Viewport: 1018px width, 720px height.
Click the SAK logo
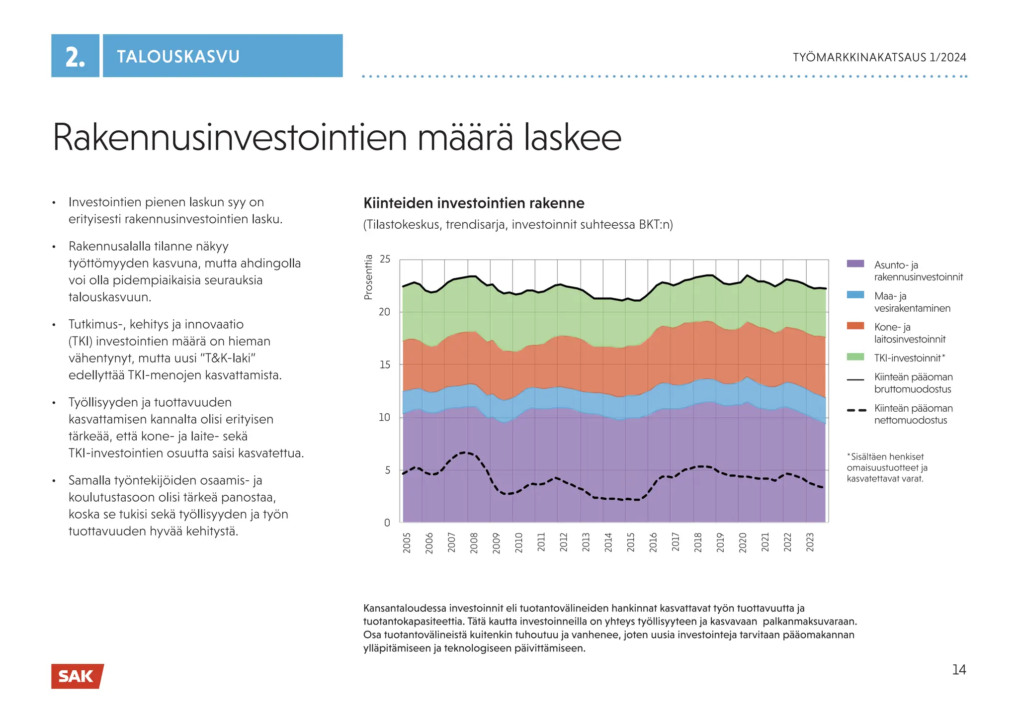click(x=77, y=676)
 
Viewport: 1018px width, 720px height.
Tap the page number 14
click(x=959, y=670)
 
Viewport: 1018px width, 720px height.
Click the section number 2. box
click(x=75, y=56)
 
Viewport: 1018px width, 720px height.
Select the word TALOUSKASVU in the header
click(x=178, y=56)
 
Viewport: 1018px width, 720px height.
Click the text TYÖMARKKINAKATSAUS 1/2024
click(x=879, y=57)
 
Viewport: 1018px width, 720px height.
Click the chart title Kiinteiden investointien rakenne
click(x=474, y=203)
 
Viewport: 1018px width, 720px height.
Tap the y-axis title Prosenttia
click(x=368, y=277)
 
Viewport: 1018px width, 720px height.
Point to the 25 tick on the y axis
click(x=385, y=259)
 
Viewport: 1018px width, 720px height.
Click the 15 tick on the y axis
click(x=385, y=364)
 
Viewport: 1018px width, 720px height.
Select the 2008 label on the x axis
click(x=474, y=542)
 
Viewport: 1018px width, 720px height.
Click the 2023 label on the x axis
click(x=810, y=542)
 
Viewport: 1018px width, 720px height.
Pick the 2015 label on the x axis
click(x=630, y=542)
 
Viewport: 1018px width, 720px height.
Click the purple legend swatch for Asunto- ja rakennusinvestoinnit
click(x=855, y=264)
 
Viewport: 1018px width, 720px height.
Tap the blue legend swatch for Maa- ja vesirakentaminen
click(x=855, y=295)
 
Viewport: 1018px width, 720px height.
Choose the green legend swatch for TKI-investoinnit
click(x=855, y=357)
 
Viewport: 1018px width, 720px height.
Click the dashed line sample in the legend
click(x=855, y=410)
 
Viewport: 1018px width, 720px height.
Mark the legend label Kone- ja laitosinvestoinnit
click(x=910, y=333)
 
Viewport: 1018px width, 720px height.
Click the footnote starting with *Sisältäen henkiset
click(x=887, y=467)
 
